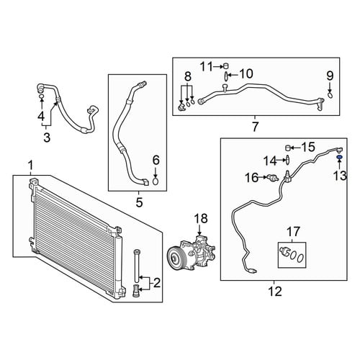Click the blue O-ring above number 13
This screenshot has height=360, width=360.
point(339,158)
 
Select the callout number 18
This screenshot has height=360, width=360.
point(201,218)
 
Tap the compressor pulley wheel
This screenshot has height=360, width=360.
point(174,258)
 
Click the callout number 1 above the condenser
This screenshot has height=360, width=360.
point(30,166)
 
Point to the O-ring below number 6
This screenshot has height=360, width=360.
point(156,181)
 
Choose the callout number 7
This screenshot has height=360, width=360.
point(255,127)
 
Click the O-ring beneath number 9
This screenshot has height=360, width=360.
point(330,95)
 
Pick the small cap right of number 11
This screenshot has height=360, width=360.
point(225,66)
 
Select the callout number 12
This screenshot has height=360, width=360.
point(275,292)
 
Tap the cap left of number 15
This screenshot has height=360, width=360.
point(288,148)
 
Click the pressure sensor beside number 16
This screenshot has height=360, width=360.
point(273,178)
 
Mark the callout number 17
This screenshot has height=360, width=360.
point(293,232)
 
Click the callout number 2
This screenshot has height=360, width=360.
point(156,283)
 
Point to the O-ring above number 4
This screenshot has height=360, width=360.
point(41,96)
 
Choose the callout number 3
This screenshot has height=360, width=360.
point(47,138)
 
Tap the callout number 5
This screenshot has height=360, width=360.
point(139,202)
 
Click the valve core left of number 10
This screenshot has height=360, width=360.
point(226,76)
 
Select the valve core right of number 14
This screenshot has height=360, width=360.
point(287,161)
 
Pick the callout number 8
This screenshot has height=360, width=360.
point(188,76)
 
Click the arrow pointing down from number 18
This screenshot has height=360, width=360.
point(199,230)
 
